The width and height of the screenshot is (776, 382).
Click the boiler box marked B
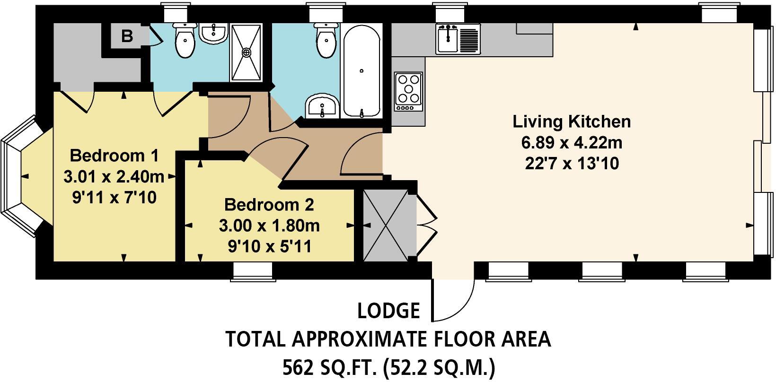(127, 36)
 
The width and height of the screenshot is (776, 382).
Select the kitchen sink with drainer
(458, 39)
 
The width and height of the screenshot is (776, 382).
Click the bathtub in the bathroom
(362, 71)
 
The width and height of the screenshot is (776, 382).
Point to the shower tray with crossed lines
(246, 52)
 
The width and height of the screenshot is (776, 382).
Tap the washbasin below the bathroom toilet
(322, 107)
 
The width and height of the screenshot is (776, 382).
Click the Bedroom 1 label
(114, 155)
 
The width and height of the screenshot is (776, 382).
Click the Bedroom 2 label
(269, 205)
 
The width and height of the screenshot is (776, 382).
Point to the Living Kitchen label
(572, 122)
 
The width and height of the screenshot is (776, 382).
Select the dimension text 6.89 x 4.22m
(572, 142)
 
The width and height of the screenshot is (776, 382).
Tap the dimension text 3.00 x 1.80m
(269, 226)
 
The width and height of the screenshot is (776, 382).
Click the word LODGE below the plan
(388, 311)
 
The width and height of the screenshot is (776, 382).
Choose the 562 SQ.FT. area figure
(328, 367)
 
